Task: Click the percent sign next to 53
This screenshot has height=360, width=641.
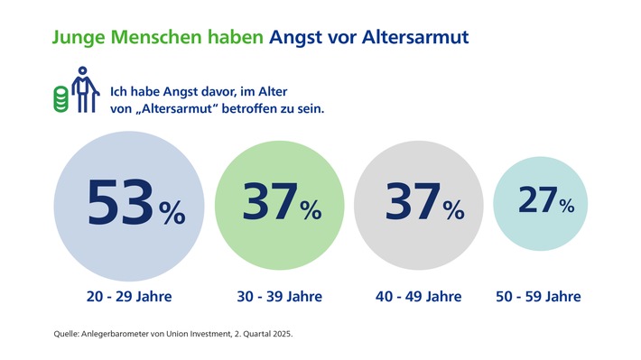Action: pyautogui.click(x=172, y=214)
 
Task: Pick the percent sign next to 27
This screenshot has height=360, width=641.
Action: pyautogui.click(x=566, y=206)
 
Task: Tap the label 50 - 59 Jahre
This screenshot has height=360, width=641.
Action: pyautogui.click(x=539, y=296)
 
